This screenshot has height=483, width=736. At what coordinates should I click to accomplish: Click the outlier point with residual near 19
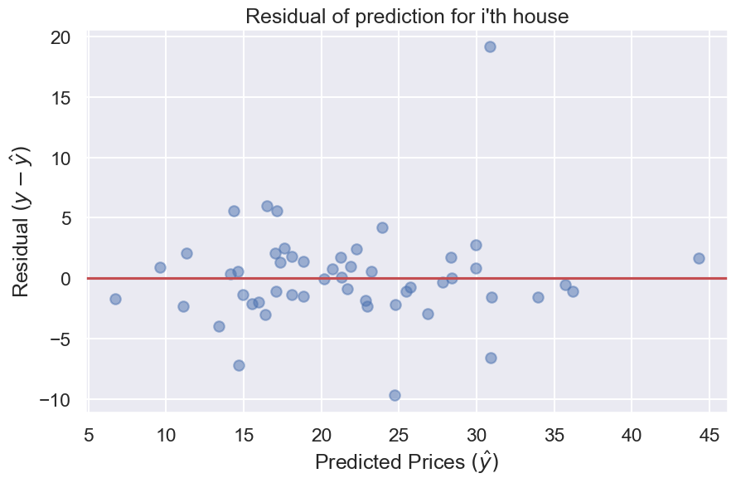click(490, 46)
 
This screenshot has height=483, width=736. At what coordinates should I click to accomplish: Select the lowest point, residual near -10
click(395, 395)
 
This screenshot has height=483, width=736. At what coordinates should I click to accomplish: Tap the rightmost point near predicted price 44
click(699, 258)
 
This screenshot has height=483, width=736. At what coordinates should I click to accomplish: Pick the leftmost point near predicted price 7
click(115, 299)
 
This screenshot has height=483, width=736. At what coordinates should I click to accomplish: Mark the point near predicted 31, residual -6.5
click(491, 358)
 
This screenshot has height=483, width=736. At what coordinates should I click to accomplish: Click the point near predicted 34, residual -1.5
click(538, 297)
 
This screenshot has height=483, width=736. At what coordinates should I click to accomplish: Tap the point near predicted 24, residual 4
click(382, 227)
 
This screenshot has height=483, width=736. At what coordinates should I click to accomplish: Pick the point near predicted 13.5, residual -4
click(219, 326)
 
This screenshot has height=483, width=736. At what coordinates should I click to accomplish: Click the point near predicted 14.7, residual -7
click(239, 365)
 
